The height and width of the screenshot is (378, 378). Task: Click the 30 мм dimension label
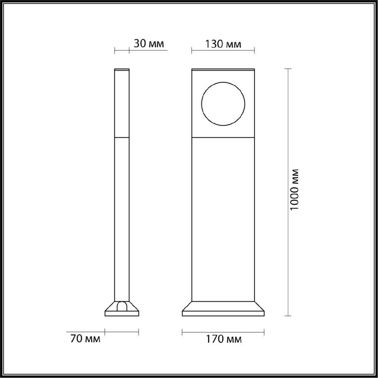149,44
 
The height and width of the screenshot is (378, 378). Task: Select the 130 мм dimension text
223,44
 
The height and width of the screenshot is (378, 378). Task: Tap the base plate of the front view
223,313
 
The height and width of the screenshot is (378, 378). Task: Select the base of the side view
122,313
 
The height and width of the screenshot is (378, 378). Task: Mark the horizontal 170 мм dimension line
223,331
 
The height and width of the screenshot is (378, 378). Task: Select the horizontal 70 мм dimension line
122,331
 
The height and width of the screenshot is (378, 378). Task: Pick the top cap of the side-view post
122,69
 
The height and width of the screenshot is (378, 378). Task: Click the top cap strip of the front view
223,69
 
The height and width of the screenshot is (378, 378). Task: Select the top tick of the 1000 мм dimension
287,69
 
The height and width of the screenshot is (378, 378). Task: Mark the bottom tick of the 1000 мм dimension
287,316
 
